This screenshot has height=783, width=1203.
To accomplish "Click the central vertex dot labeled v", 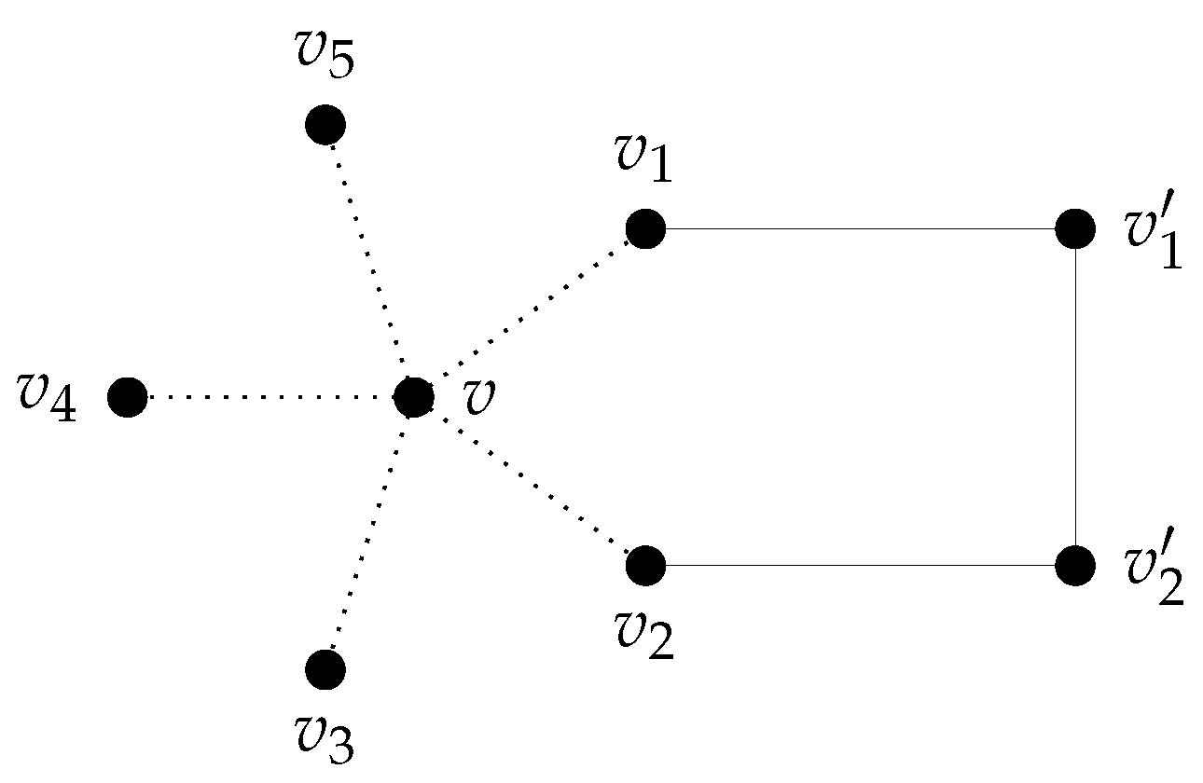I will tap(413, 398).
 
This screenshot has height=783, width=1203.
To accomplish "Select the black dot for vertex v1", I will tap(645, 228).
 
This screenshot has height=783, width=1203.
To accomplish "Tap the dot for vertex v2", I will tap(645, 564).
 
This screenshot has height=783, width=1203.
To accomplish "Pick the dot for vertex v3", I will tap(325, 668).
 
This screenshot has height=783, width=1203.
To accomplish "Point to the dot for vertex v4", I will tap(127, 398).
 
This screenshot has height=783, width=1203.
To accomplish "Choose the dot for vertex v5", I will tap(325, 124).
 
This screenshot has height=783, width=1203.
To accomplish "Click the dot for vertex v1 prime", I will tap(1075, 228).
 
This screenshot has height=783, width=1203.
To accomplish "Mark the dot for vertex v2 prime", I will tap(1075, 564).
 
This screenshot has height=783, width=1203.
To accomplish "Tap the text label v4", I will tap(47, 399).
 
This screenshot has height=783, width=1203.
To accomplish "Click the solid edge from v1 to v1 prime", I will tap(858, 228).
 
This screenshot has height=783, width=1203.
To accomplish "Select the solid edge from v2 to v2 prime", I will tap(858, 564).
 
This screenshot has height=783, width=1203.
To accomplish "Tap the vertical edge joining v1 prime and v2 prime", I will tap(1075, 396).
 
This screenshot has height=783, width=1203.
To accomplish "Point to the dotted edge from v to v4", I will tap(270, 398).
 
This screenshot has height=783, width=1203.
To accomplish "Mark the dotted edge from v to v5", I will tap(369, 261).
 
